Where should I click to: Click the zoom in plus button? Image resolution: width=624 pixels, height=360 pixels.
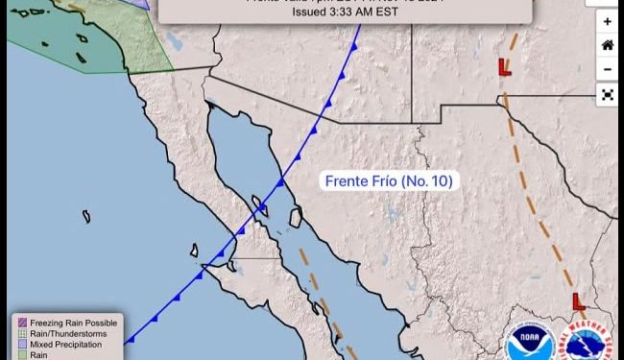tap(607, 21)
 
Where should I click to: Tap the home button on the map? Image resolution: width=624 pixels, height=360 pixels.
tap(607, 45)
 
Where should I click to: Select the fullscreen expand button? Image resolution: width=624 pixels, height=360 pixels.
tap(607, 94)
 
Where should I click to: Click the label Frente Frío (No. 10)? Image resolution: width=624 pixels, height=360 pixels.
tap(388, 180)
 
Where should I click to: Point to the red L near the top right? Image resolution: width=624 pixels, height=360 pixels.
tap(504, 66)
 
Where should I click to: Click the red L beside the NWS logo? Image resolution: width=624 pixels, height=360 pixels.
tap(578, 301)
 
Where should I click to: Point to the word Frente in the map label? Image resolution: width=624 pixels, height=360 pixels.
tap(345, 180)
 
